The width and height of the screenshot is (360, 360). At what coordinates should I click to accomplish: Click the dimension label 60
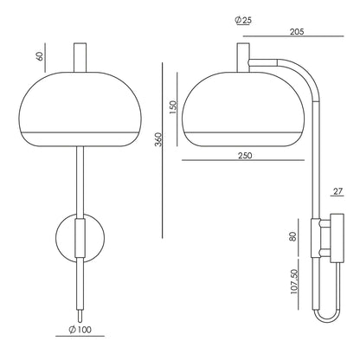click(x=41, y=55)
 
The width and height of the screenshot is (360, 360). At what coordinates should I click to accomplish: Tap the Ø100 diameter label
click(x=80, y=330)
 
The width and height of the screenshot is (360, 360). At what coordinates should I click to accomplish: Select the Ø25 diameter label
click(x=243, y=20)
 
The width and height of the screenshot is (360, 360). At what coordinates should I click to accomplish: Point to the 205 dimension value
click(x=297, y=31)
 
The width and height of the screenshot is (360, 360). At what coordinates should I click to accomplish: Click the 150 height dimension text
click(x=172, y=107)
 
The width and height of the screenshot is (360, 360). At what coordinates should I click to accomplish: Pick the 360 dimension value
click(x=158, y=139)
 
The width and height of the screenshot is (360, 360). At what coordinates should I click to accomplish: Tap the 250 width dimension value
click(x=245, y=156)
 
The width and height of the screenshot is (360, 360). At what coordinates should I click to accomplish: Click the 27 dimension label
click(x=337, y=191)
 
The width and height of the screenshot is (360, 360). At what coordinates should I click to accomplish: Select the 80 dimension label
click(x=292, y=237)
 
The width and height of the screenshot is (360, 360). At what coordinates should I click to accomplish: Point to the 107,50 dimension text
click(x=294, y=281)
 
